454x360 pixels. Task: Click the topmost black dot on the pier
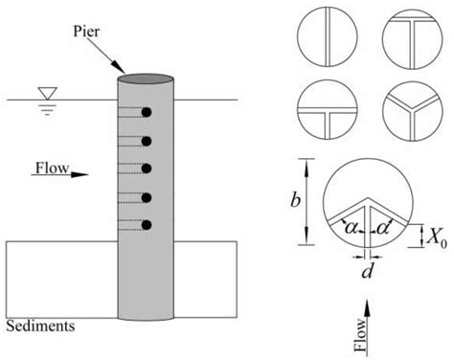pyautogui.click(x=147, y=113)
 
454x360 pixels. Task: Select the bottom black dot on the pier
pyautogui.click(x=147, y=226)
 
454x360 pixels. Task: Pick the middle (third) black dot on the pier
pyautogui.click(x=147, y=169)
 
